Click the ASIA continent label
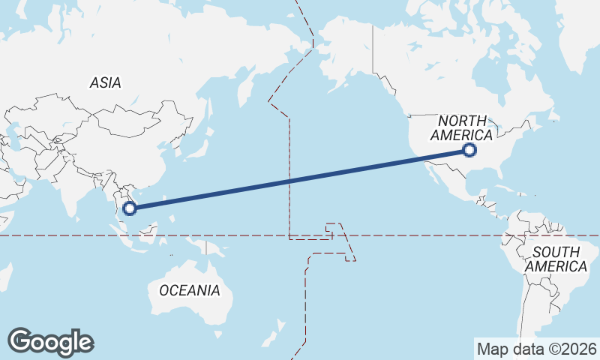point(105,83)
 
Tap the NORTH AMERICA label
point(460,128)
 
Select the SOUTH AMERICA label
point(556,259)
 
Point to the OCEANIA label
point(189,290)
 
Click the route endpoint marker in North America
point(469,150)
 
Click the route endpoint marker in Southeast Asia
point(129,208)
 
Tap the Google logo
point(51,342)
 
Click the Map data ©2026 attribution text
point(536,349)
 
